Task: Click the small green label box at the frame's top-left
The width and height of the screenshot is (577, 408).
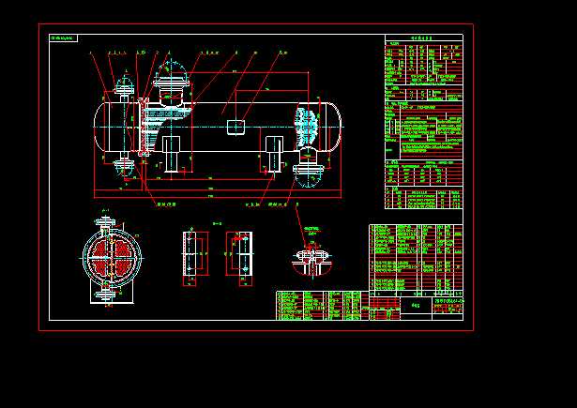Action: [64, 38]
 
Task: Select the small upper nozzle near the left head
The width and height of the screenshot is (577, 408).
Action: [122, 89]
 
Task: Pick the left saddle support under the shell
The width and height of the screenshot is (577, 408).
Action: [173, 153]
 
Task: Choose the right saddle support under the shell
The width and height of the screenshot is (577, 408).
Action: [275, 153]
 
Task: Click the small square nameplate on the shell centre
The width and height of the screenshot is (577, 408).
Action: [237, 126]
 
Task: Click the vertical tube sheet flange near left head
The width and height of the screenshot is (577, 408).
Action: [142, 127]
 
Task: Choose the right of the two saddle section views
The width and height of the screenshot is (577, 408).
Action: [239, 254]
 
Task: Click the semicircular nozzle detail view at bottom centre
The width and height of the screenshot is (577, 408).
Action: [310, 260]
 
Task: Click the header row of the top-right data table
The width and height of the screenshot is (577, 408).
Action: [423, 39]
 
